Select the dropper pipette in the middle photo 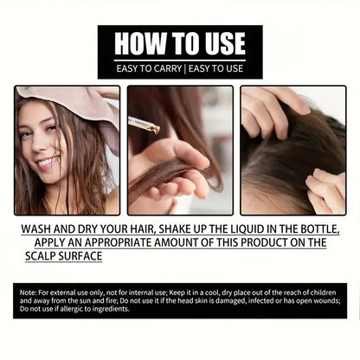coord(144,125)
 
